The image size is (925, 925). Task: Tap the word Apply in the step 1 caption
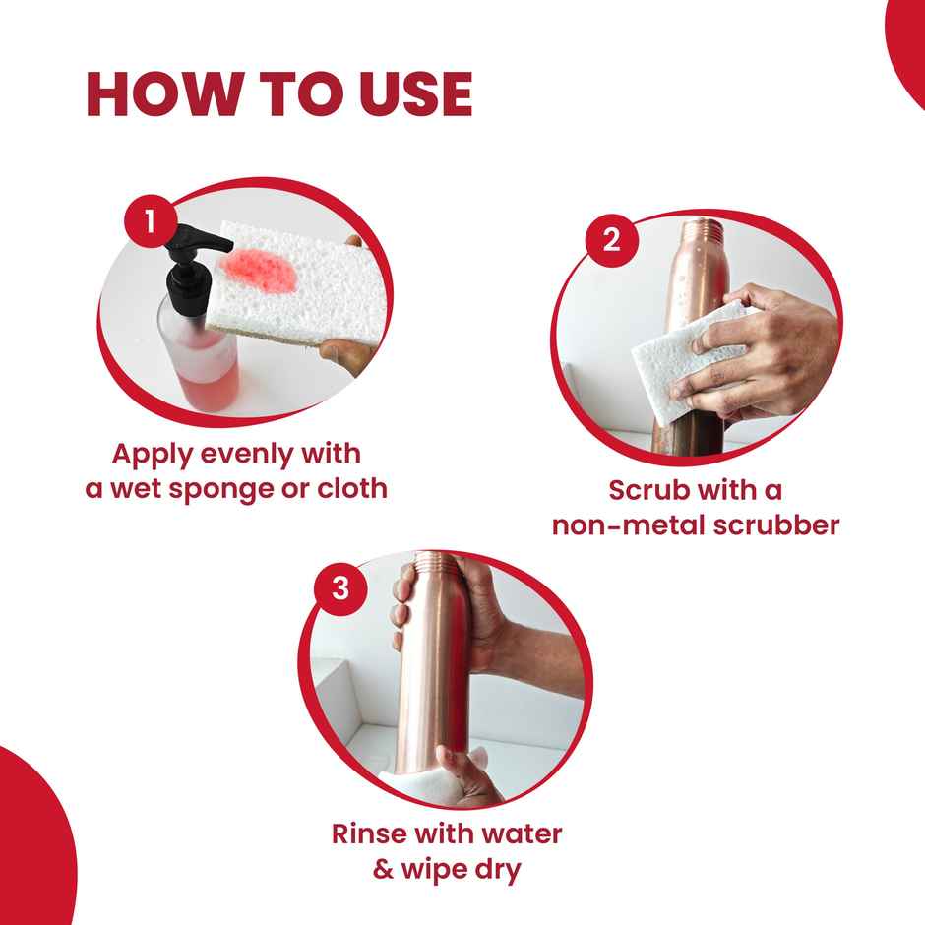coord(154,454)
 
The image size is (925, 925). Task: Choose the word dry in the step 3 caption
coord(492,870)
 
